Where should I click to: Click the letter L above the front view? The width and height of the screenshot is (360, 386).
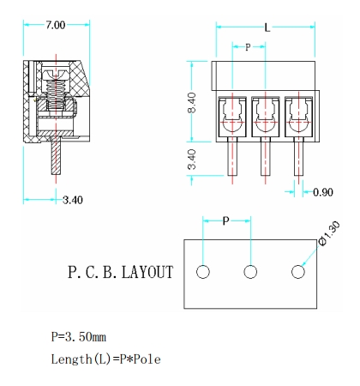tap(267, 27)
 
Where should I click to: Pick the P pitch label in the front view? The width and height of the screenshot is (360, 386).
tap(249, 47)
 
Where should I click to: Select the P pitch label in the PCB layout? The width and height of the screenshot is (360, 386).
tap(226, 221)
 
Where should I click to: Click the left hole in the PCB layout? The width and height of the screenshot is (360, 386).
tap(203, 272)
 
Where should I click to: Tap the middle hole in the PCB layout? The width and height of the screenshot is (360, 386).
tap(251, 272)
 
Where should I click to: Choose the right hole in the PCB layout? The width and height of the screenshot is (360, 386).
tap(298, 272)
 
